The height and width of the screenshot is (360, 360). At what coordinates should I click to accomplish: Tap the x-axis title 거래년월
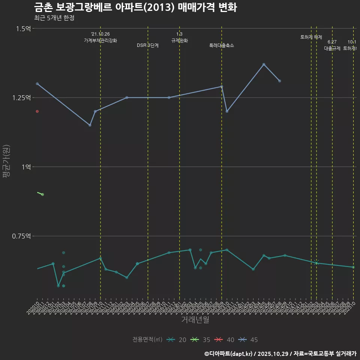tap(195, 319)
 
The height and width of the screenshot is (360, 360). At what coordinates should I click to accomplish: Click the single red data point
tap(37, 111)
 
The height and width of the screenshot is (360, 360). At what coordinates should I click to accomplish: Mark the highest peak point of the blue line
tap(264, 64)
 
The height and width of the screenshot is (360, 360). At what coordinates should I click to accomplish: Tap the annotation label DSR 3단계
tap(148, 45)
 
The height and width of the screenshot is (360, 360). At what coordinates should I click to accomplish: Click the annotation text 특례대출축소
tap(222, 45)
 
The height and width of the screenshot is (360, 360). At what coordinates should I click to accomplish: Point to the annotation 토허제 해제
tap(311, 37)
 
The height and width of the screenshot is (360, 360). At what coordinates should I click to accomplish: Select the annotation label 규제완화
tap(179, 40)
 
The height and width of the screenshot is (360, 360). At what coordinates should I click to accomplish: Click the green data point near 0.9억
tap(42, 194)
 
